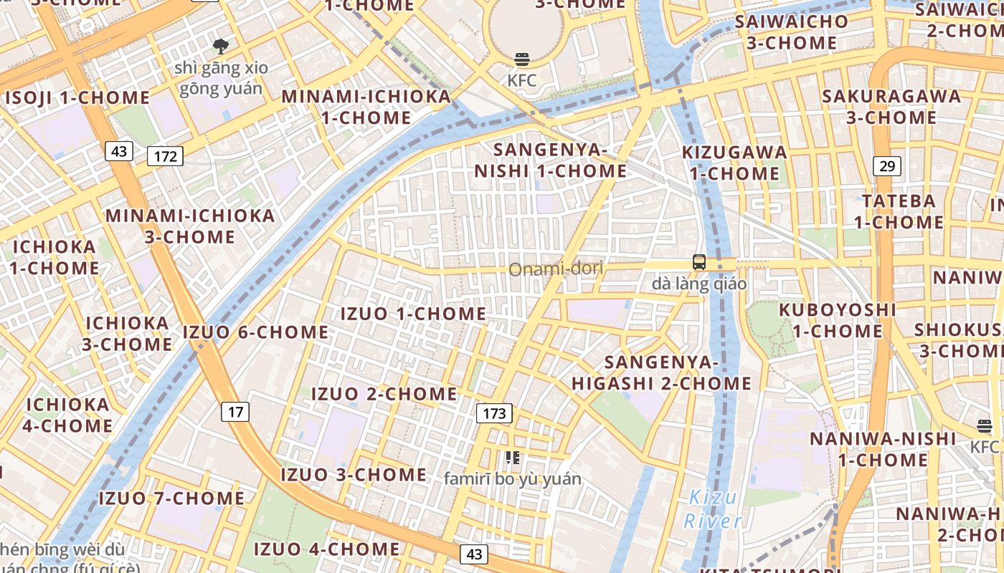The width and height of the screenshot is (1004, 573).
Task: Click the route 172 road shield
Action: [165, 155]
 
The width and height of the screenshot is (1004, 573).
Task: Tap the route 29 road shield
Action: [887, 166]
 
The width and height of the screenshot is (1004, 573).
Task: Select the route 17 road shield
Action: [236, 412]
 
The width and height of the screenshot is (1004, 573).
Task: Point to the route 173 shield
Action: [494, 413]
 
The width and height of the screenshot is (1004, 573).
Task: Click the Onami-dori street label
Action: [556, 269]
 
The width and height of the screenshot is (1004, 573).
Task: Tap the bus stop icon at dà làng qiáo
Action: [699, 262]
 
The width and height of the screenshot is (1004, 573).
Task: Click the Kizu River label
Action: [712, 509]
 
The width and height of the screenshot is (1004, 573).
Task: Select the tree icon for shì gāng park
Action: [221, 47]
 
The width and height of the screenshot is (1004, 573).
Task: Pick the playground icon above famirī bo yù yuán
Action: [512, 457]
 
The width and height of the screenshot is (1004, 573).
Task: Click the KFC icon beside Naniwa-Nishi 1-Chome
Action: [985, 426]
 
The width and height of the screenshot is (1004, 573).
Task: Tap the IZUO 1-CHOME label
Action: [413, 314]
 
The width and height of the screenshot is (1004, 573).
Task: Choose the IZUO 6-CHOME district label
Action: [255, 332]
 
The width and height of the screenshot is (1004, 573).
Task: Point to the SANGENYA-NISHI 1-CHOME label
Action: [550, 160]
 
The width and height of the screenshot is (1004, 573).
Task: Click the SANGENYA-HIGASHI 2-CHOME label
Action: [661, 372]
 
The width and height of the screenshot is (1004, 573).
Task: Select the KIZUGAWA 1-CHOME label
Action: [734, 163]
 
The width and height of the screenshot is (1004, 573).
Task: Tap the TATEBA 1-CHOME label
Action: [899, 211]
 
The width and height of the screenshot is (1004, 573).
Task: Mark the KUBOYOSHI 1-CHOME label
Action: [837, 320]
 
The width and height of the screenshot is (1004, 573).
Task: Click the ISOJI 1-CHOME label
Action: [77, 97]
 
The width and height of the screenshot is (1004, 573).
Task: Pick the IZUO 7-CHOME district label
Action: [171, 498]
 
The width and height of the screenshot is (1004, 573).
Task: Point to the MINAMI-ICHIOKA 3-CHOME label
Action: [190, 226]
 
